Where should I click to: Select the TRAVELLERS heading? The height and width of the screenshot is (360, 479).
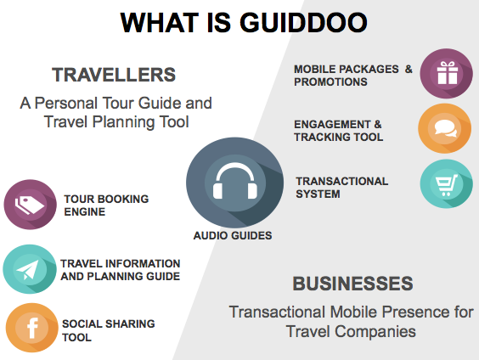[114, 75]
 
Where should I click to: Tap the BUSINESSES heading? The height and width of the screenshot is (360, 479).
[352, 284]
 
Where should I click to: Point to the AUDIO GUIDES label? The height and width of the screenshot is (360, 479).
[232, 235]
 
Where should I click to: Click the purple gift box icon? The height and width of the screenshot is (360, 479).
[446, 74]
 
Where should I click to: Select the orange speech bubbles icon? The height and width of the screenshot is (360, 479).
[445, 128]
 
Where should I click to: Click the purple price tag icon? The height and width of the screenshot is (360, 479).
[30, 205]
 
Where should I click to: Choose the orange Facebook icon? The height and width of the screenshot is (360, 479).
[31, 328]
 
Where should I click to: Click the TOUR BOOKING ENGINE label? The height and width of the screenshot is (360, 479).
[106, 205]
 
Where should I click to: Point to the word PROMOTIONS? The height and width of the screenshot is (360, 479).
[330, 82]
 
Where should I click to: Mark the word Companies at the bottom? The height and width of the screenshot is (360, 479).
[375, 331]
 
